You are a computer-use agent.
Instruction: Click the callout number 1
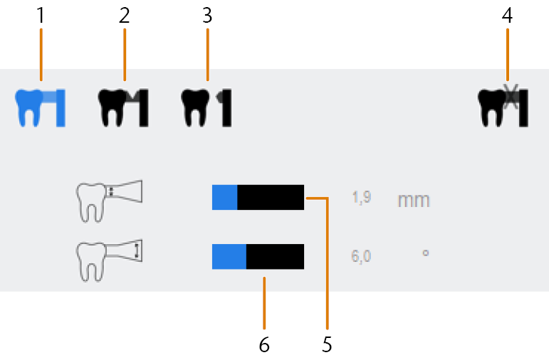pos(41,16)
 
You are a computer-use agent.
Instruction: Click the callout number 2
pos(125,16)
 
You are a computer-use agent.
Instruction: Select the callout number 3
pos(207,16)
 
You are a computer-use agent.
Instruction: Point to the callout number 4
pos(507,16)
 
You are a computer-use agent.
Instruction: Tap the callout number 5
pos(327,344)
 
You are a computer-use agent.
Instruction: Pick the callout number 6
pos(264,344)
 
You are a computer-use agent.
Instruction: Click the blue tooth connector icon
pos(40,108)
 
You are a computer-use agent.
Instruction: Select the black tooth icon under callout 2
pos(123,108)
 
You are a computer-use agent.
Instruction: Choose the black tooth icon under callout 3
pos(206,108)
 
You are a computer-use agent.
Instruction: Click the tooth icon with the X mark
pos(503,106)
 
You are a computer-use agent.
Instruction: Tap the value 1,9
pos(361,198)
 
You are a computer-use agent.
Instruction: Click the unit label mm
pos(414,200)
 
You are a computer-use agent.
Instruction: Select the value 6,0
pos(361,256)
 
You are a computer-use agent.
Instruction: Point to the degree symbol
pos(425,253)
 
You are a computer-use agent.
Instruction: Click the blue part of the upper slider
pos(225,197)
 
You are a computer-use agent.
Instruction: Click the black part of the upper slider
pos(271,197)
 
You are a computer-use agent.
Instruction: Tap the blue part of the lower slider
pos(229,256)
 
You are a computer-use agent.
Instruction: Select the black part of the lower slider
pos(275,256)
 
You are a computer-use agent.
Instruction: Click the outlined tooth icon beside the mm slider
pos(109,201)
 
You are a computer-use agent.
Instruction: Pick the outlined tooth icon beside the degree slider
pos(109,260)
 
